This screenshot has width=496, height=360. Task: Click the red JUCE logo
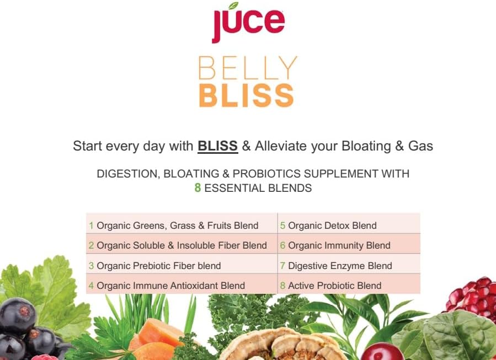(248, 22)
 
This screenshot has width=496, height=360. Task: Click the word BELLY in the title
(247, 68)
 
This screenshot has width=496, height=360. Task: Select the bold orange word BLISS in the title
(246, 95)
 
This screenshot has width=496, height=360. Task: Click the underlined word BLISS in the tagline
(217, 146)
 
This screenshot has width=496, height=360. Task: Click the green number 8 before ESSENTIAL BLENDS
(198, 188)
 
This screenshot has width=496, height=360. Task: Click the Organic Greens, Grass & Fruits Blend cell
(177, 225)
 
